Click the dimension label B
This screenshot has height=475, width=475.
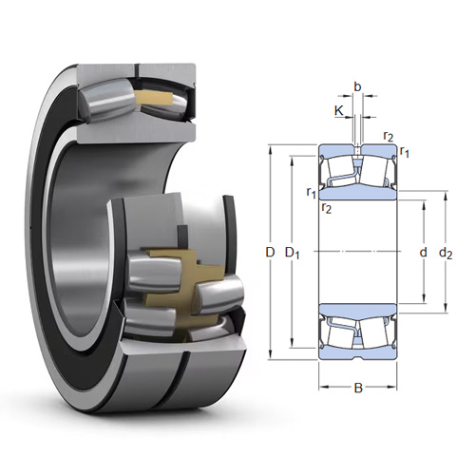point(358,388)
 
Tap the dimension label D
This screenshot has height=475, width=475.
point(270,253)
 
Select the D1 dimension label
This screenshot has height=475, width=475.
point(293,254)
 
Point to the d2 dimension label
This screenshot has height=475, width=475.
point(446,254)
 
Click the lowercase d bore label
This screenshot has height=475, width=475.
point(423,253)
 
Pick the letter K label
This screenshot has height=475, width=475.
point(339,111)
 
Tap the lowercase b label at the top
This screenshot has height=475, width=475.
point(357,86)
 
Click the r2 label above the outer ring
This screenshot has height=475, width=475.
point(389,136)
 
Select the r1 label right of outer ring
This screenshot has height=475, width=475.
point(405,152)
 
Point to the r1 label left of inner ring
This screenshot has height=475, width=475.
point(312,192)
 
